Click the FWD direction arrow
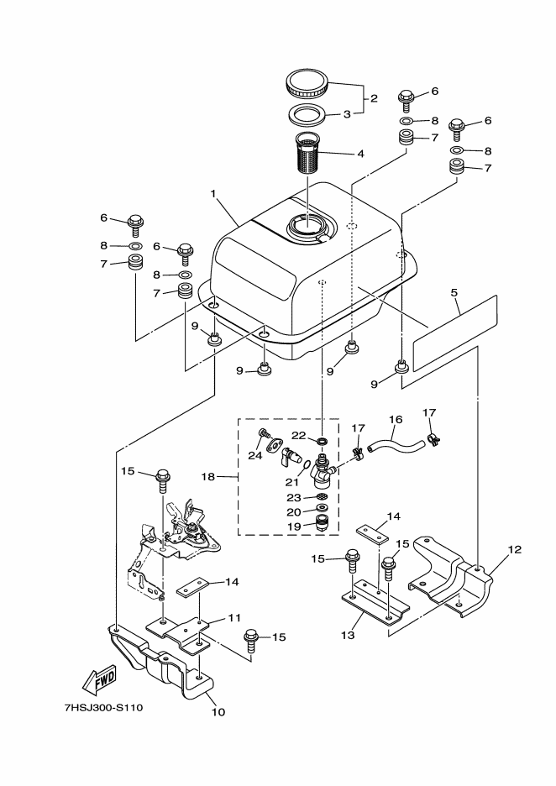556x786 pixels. pos(99,679)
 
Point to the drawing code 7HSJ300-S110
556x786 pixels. pos(104,708)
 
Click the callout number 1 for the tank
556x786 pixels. pos(213,193)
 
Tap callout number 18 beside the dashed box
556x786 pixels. pos(208,477)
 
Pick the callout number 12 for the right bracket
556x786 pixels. pos(515,549)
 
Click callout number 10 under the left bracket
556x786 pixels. pos(219,712)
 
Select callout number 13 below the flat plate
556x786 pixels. pos(348,635)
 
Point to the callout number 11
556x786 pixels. pos(234,618)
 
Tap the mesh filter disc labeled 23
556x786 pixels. pos(323,497)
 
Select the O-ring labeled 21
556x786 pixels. pos(304,469)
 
